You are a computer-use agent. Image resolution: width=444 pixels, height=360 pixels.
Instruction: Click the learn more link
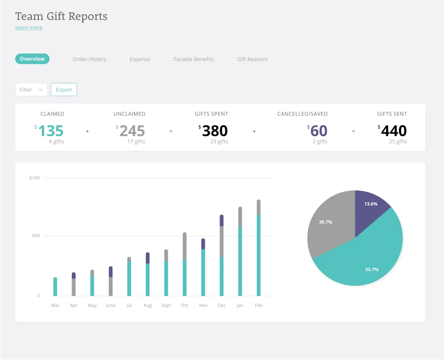(29, 28)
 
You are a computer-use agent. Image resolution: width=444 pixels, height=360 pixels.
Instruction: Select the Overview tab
(32, 59)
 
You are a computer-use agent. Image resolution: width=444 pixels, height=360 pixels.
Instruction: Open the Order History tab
(89, 59)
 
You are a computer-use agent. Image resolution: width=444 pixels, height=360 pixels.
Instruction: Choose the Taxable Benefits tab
(193, 59)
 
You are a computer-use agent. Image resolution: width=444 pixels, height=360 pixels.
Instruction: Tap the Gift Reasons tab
(252, 59)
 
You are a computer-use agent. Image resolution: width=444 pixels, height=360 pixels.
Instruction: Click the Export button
(64, 90)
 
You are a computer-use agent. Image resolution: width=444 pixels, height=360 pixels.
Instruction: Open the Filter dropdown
(31, 90)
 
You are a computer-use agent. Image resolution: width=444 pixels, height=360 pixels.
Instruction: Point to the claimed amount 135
(51, 131)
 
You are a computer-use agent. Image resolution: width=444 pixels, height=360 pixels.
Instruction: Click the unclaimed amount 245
(132, 131)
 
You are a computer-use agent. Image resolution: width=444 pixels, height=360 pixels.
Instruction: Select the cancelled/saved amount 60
(319, 131)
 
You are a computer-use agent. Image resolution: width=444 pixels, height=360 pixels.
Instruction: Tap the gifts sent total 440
(394, 131)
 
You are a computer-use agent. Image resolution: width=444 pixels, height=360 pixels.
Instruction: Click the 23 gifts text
(219, 142)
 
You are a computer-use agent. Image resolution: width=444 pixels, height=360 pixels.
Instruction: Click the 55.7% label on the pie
(372, 269)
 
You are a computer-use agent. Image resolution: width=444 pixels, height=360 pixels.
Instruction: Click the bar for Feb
(259, 251)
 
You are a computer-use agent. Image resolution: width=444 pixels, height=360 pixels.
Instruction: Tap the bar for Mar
(55, 287)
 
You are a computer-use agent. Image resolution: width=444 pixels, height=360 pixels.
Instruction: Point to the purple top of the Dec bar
(222, 220)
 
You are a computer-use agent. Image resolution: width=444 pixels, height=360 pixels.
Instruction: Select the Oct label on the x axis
(185, 305)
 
